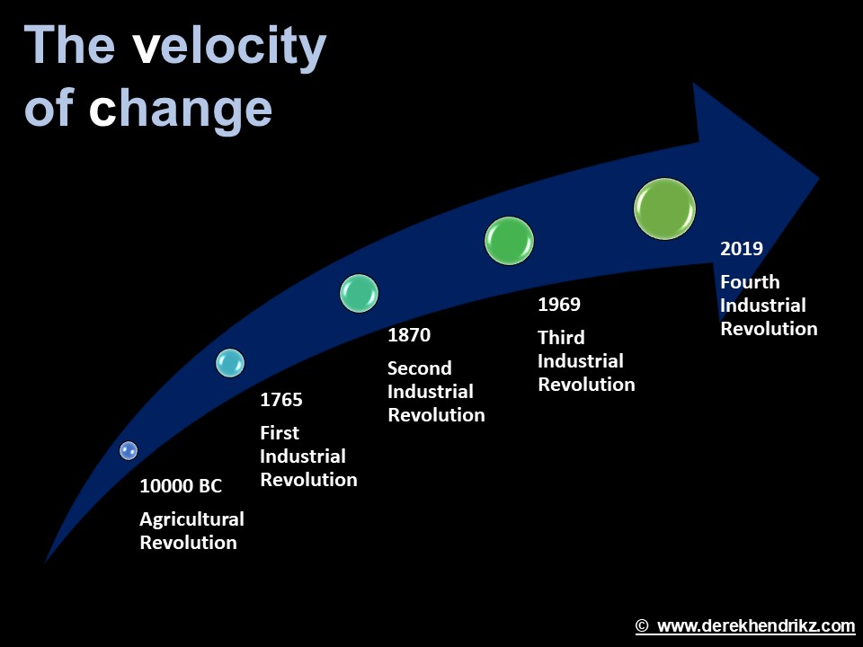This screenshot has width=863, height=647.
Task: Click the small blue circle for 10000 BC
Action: [129, 450]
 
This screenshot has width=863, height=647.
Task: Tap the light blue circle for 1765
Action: [230, 362]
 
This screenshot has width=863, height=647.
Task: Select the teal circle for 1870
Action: [359, 294]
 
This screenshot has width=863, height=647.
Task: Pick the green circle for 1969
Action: [509, 241]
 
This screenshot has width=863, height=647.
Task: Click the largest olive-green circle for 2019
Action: [664, 209]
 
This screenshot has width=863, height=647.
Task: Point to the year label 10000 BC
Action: [180, 487]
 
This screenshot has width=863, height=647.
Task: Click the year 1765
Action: [280, 401]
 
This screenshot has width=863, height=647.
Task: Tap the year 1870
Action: [409, 336]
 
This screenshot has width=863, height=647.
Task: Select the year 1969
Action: [558, 305]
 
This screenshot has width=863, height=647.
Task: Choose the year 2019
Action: [741, 249]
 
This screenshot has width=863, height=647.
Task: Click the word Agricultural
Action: [191, 519]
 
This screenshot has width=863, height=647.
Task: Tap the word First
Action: [279, 433]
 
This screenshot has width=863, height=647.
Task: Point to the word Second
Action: [419, 368]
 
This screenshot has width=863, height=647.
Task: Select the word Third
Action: [561, 338]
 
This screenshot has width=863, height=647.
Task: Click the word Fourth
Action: [750, 282]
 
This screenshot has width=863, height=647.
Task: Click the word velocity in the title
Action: [229, 47]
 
